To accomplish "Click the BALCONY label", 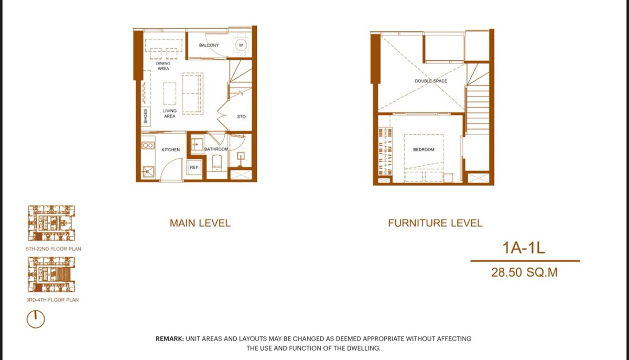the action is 209,45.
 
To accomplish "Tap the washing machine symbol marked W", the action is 241,45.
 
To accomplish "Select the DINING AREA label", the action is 163,66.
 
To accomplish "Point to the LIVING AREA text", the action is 170,113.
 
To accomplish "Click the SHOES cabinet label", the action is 146,116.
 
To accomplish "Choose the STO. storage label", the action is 242,116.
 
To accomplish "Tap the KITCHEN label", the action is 171,150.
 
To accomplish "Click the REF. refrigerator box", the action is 194,167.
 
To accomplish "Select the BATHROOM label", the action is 216,149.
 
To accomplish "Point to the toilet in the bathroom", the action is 217,163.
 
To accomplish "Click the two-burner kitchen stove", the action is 148,146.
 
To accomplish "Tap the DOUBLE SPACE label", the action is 431,81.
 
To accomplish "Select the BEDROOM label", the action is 424,150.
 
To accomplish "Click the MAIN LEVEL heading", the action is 200,223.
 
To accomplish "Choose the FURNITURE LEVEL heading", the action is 435,223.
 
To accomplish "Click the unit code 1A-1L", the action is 524,248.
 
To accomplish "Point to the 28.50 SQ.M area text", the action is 524,272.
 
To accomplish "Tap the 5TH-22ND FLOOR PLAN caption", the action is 53,249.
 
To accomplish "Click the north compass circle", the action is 36,319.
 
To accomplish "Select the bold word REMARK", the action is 170,339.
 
